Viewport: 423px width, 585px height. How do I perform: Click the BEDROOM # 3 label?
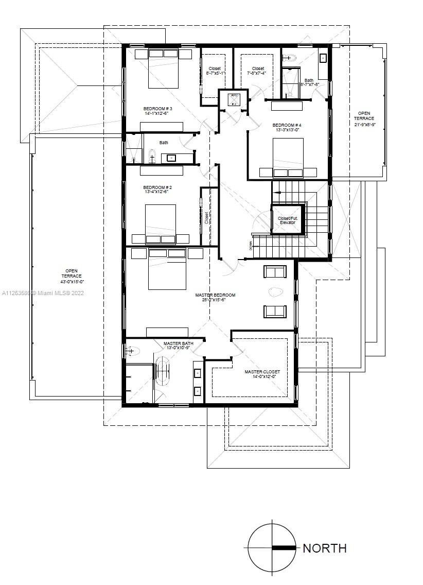(157, 109)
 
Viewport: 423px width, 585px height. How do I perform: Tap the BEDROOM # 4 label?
(287, 126)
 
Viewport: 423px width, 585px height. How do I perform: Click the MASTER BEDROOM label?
(215, 295)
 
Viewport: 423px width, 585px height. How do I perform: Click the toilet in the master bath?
(132, 351)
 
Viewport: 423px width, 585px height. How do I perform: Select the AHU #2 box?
(234, 99)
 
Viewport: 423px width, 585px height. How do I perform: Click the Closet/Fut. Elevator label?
(288, 220)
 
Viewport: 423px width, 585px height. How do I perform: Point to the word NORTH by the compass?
(324, 548)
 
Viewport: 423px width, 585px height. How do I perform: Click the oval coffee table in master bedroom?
(275, 292)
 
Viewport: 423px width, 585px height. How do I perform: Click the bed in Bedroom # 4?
(288, 157)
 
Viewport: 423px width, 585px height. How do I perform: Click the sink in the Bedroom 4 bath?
(323, 58)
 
